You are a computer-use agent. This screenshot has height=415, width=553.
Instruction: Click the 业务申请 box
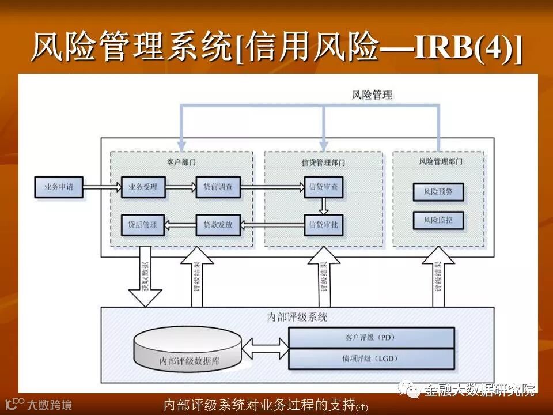58,187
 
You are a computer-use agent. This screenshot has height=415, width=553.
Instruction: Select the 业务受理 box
143,187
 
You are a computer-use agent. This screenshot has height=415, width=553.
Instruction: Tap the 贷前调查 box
218,187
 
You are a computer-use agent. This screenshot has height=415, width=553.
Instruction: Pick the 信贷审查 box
324,187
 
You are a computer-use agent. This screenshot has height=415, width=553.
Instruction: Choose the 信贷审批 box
324,224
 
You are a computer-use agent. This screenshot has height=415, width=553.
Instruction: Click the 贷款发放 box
218,224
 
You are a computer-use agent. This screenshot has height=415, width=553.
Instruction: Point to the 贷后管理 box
143,224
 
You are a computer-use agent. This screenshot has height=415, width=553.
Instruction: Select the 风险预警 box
438,191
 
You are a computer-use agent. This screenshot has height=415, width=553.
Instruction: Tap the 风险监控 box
438,220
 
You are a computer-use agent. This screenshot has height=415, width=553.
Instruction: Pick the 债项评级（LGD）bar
372,359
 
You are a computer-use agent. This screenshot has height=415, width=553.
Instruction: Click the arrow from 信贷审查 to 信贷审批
324,206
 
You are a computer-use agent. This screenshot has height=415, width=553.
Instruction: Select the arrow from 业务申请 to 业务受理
102,187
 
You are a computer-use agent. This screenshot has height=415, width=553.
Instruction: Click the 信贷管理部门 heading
324,162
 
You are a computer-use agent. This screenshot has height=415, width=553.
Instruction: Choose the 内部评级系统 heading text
297,316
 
